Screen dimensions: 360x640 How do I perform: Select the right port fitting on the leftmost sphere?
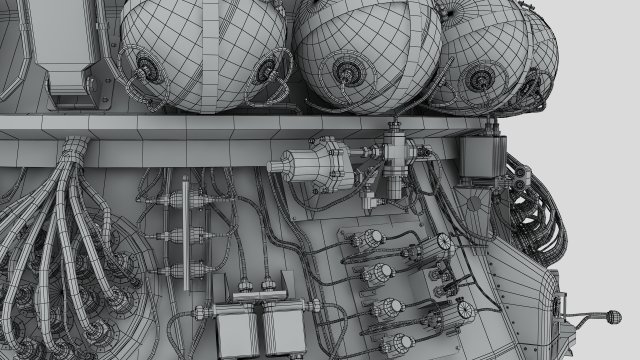268,70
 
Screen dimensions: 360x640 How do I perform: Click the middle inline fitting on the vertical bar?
186,237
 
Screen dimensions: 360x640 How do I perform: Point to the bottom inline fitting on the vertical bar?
186,267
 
